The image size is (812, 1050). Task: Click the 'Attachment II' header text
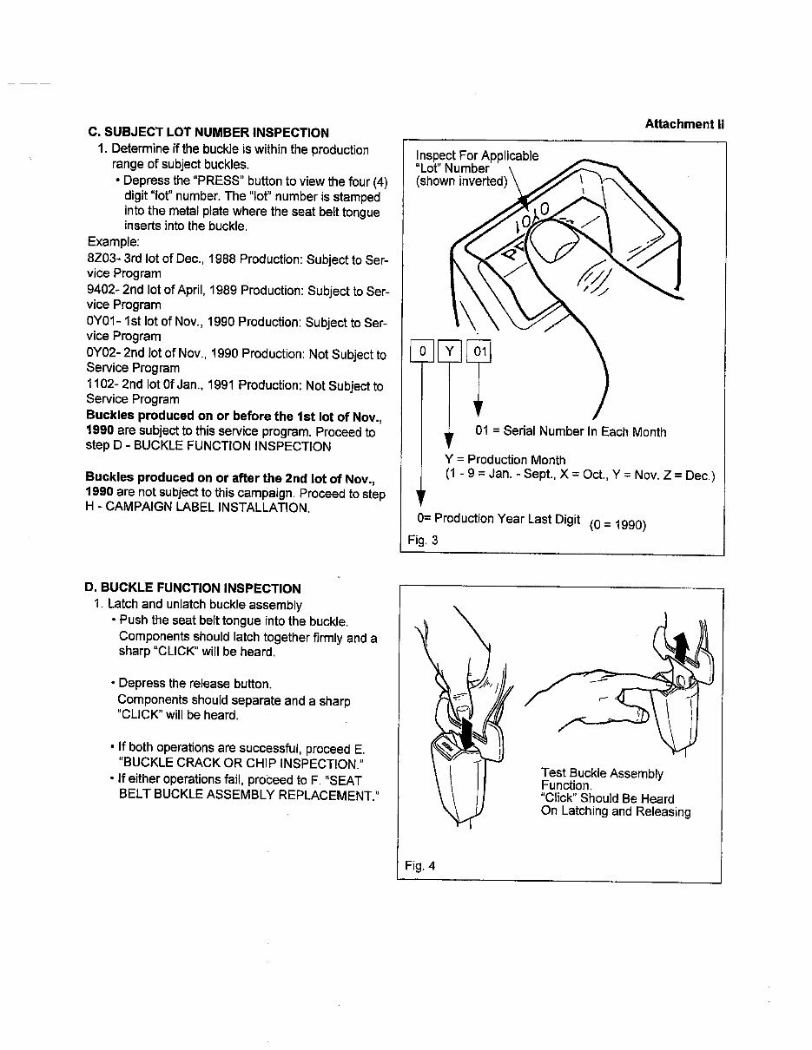point(683,124)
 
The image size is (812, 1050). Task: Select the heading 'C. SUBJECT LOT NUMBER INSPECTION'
point(208,133)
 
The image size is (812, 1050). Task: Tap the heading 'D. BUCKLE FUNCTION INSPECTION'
point(194,587)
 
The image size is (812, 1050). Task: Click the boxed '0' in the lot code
point(422,351)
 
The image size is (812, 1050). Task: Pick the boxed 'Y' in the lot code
point(450,351)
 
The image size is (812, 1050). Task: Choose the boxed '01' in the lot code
point(479,351)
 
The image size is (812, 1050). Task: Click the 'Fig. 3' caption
point(423,540)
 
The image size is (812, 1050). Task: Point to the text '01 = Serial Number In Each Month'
point(571,431)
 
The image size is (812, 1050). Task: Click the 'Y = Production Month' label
point(505,460)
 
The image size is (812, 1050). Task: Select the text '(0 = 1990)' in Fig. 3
point(617,524)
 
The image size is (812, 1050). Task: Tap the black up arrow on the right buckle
point(682,646)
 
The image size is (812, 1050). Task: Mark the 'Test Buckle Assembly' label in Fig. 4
point(601,773)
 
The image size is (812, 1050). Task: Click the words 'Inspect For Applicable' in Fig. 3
point(477,156)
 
